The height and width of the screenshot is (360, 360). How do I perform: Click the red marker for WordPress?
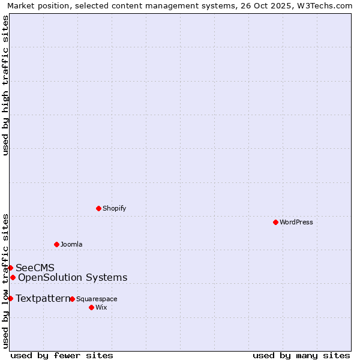pyautogui.click(x=275, y=222)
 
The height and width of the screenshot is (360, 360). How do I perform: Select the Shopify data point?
pyautogui.click(x=98, y=208)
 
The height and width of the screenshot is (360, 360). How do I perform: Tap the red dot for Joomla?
pyautogui.click(x=56, y=244)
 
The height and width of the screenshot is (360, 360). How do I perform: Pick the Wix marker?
pyautogui.click(x=91, y=307)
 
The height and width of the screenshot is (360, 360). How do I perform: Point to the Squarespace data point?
pyautogui.click(x=72, y=299)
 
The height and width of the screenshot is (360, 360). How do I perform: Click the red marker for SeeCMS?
pyautogui.click(x=10, y=268)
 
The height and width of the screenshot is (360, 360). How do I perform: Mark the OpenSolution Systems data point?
pyautogui.click(x=13, y=277)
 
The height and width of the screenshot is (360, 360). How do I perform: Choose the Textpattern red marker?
pyautogui.click(x=10, y=298)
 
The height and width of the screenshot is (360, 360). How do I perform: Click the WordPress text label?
pyautogui.click(x=296, y=222)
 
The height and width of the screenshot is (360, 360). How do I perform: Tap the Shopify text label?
pyautogui.click(x=114, y=208)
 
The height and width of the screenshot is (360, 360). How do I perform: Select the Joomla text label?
pyautogui.click(x=71, y=244)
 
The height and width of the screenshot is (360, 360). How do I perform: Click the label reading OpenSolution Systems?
pyautogui.click(x=73, y=277)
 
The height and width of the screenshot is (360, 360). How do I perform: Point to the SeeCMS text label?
pyautogui.click(x=35, y=268)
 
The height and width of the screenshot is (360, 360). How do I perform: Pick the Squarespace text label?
pyautogui.click(x=97, y=299)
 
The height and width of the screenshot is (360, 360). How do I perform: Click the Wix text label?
pyautogui.click(x=101, y=307)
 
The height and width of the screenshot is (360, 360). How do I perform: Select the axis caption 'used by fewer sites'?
pyautogui.click(x=62, y=355)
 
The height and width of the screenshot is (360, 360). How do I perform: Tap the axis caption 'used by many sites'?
pyautogui.click(x=301, y=355)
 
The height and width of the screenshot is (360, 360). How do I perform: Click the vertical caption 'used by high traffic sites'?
pyautogui.click(x=5, y=85)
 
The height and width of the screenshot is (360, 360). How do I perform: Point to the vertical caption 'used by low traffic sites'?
pyautogui.click(x=5, y=281)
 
